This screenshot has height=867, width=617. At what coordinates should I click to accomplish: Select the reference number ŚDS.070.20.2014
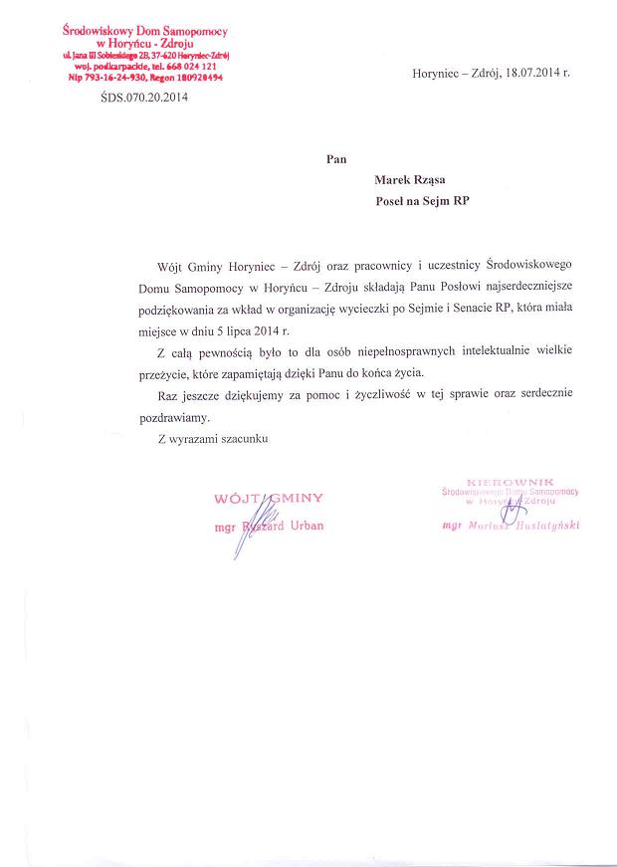144,98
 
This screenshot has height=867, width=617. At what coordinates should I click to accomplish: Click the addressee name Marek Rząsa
410,180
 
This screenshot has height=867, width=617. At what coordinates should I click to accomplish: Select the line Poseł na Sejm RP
421,200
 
